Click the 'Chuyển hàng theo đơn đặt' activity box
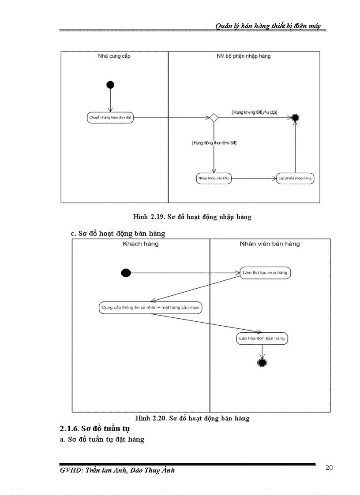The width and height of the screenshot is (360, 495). pyautogui.click(x=110, y=118)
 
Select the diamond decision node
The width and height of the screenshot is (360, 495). pyautogui.click(x=214, y=117)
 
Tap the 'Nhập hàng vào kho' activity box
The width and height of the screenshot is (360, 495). pyautogui.click(x=214, y=179)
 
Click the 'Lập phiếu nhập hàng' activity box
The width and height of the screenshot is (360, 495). pyautogui.click(x=295, y=179)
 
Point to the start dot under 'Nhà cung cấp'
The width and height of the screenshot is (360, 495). pyautogui.click(x=110, y=85)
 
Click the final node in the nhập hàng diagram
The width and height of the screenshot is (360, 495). pyautogui.click(x=295, y=117)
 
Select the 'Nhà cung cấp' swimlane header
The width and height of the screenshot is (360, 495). pyautogui.click(x=114, y=56)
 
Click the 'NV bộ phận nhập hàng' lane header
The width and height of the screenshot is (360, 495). pyautogui.click(x=244, y=56)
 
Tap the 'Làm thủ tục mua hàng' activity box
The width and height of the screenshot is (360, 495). pyautogui.click(x=265, y=273)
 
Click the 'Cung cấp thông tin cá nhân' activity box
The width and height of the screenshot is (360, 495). pyautogui.click(x=150, y=308)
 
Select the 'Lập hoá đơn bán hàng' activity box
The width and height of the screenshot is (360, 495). pyautogui.click(x=262, y=339)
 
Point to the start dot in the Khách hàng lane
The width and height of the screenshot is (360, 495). pyautogui.click(x=126, y=273)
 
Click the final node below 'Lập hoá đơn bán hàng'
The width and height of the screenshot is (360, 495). pyautogui.click(x=262, y=363)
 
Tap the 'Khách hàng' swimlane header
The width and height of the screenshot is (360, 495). pyautogui.click(x=141, y=244)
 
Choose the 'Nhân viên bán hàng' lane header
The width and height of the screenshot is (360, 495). pyautogui.click(x=270, y=244)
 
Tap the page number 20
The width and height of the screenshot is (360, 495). pyautogui.click(x=329, y=468)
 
